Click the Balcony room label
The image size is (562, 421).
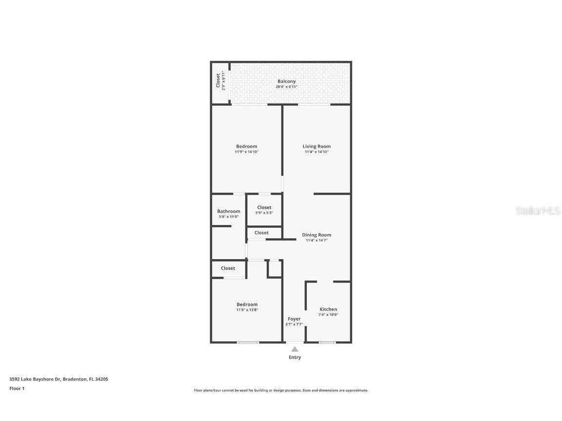point(286,81)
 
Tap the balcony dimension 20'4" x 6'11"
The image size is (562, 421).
point(286,87)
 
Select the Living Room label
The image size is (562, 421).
point(317,146)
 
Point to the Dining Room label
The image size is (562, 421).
point(317,235)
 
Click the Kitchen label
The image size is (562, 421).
point(328,309)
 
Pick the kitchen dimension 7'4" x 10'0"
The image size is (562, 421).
point(328,315)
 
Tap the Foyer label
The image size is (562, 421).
point(294,319)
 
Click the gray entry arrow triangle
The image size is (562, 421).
point(295,349)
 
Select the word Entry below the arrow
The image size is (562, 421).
point(295,357)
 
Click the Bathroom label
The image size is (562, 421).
point(229,211)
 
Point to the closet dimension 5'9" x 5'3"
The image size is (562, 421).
point(264,213)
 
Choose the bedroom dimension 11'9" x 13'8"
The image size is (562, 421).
point(247,310)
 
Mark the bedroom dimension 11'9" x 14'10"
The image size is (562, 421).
point(246,152)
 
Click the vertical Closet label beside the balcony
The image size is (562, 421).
point(218,81)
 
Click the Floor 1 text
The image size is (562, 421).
point(17,388)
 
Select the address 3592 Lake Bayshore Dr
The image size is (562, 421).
point(35,379)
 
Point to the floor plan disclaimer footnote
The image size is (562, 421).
point(281,390)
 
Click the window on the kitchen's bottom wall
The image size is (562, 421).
point(327,343)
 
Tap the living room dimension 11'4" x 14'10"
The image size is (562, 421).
point(317,152)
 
